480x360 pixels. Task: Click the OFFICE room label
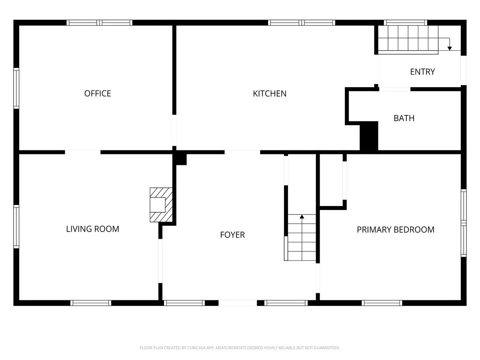[x=98, y=94]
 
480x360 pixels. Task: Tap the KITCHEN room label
[x=270, y=94]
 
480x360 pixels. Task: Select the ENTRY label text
[x=422, y=72]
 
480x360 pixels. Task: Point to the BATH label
[x=404, y=118]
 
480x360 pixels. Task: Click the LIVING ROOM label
[x=93, y=229]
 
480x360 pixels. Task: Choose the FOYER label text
[x=232, y=235]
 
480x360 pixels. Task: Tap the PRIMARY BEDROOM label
[x=396, y=230]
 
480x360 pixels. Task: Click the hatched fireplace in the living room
[x=161, y=205]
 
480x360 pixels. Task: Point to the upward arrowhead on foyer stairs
[x=302, y=217]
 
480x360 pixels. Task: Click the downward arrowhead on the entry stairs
[x=449, y=48]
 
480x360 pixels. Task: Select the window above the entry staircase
[x=406, y=23]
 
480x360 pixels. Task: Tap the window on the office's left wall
[x=16, y=88]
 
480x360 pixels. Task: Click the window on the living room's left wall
[x=16, y=227]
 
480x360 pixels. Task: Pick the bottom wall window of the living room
[x=91, y=303]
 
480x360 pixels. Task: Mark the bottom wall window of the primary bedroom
[x=382, y=303]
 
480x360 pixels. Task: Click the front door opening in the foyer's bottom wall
[x=238, y=303]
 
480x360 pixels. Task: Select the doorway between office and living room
[x=83, y=152]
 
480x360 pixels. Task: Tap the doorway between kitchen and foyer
[x=242, y=152]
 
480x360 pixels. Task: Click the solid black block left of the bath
[x=369, y=136]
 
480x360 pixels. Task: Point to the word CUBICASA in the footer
[x=196, y=348]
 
